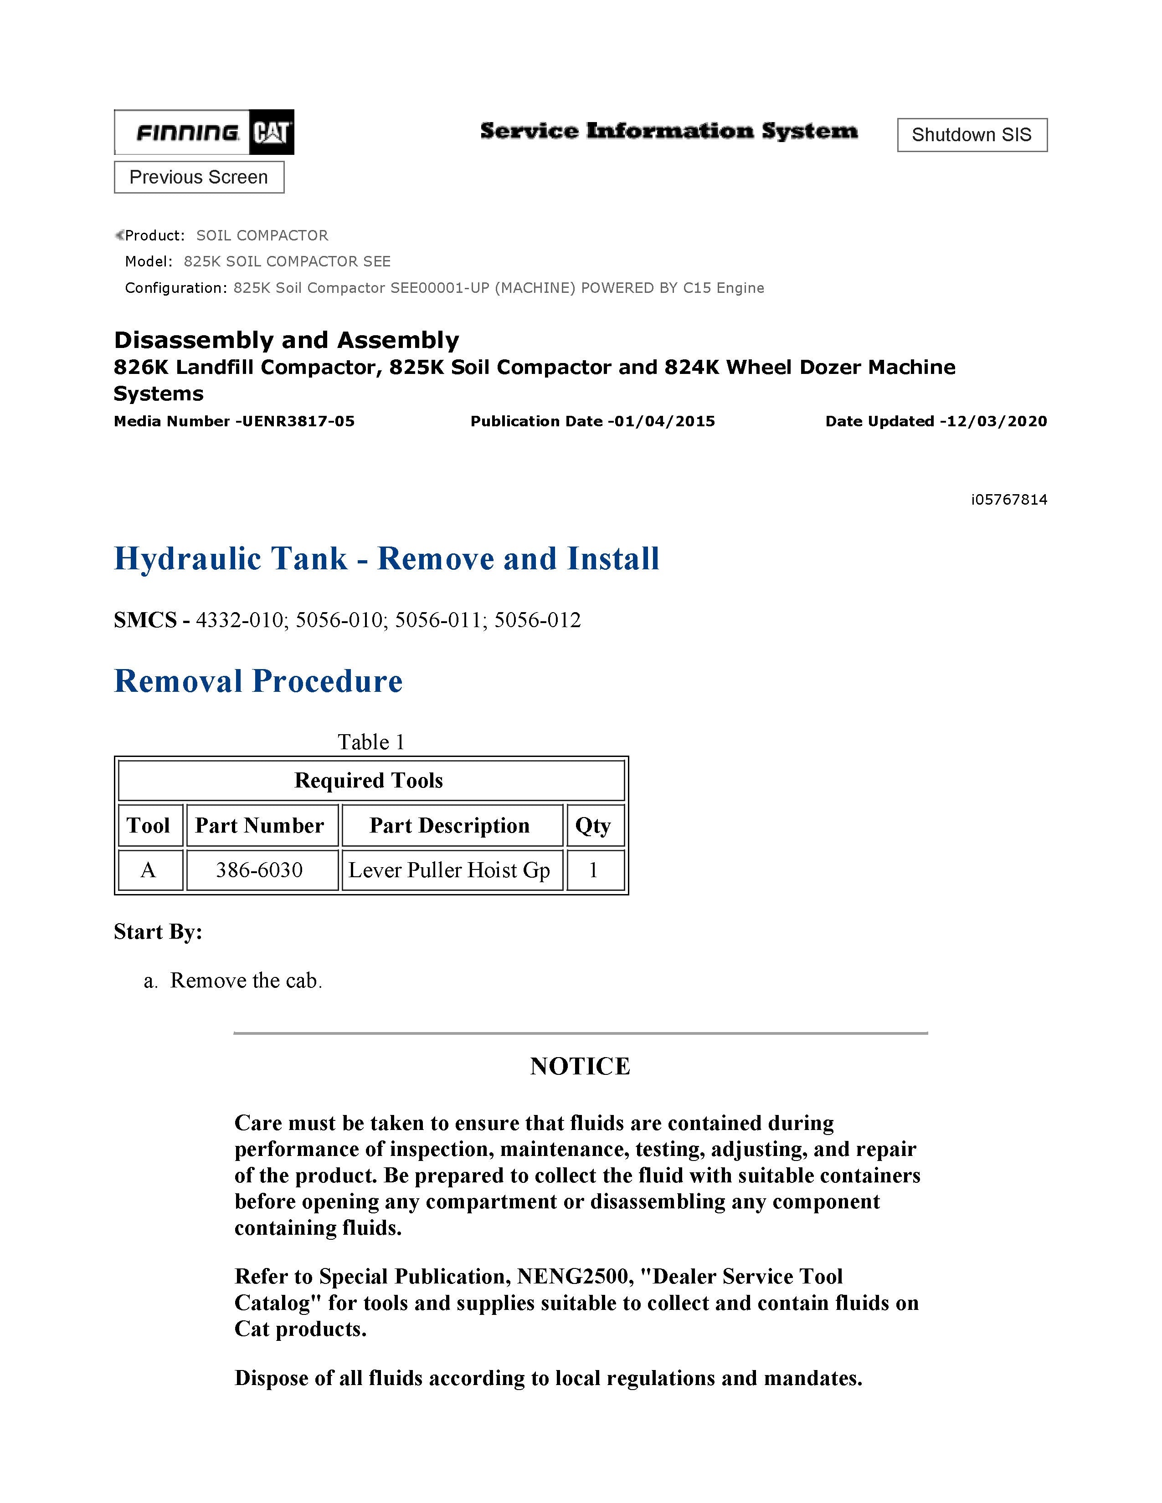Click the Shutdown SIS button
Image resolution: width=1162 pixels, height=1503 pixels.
[972, 135]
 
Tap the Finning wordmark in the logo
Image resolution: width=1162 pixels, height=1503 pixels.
[187, 132]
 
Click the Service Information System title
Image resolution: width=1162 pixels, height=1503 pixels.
[668, 131]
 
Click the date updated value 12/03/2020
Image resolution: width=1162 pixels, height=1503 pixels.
[997, 421]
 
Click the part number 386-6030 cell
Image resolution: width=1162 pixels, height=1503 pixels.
[260, 870]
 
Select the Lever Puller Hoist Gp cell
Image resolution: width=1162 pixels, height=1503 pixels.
[449, 870]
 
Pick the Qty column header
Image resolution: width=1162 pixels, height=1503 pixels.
[593, 825]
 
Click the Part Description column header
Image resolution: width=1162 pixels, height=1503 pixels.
[449, 825]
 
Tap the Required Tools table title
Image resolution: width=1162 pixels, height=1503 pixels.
[369, 780]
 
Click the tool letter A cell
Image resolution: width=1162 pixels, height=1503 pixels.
[148, 870]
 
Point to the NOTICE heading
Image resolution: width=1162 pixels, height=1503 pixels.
[580, 1066]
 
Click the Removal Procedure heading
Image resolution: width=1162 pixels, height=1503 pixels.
[258, 681]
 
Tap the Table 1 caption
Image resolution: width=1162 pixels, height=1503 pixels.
[371, 742]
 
